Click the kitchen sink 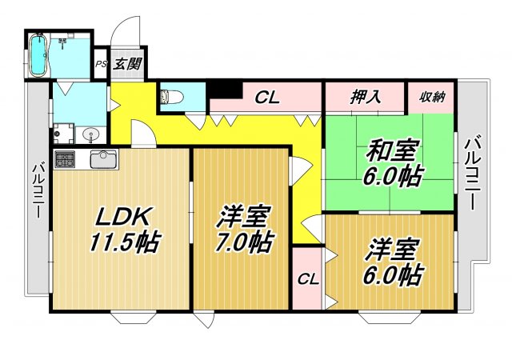pyautogui.click(x=103, y=158)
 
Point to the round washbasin pyautogui.click(x=93, y=134)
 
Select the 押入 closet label pyautogui.click(x=365, y=98)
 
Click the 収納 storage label pyautogui.click(x=433, y=98)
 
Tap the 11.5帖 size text pyautogui.click(x=124, y=242)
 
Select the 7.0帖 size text pyautogui.click(x=242, y=241)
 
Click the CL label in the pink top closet pyautogui.click(x=266, y=98)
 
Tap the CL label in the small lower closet pyautogui.click(x=306, y=279)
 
